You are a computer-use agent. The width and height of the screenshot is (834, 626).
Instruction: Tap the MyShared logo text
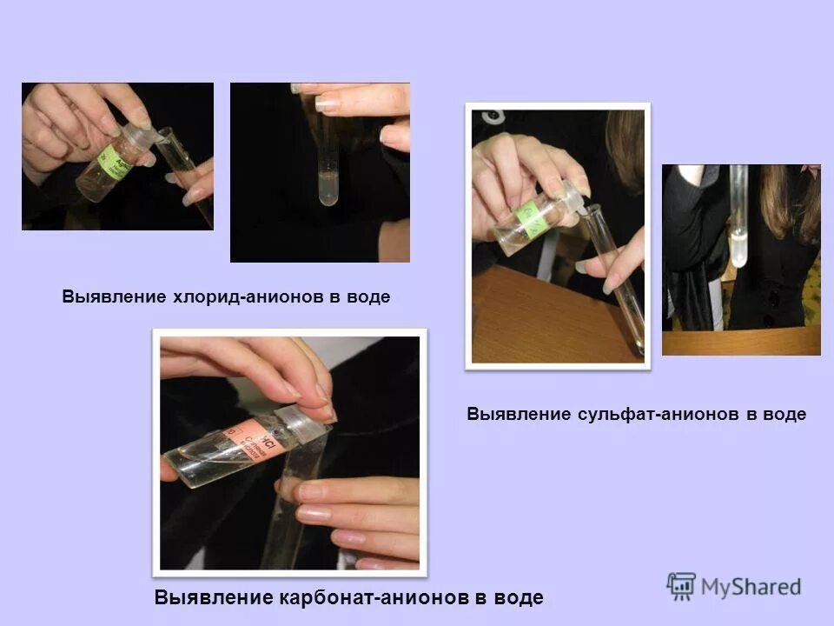(751, 587)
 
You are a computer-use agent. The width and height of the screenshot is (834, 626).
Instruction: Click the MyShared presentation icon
(681, 587)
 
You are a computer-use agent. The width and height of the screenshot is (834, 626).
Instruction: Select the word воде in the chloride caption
(368, 296)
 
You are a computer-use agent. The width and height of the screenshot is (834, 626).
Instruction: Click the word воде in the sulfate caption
(784, 415)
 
